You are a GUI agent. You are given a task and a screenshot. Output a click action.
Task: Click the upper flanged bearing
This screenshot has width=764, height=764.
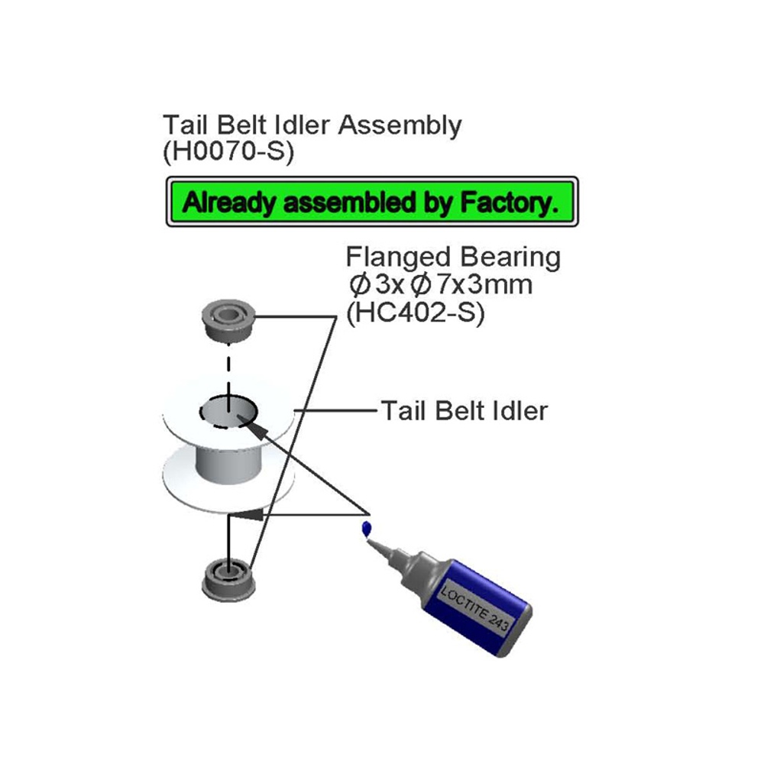(228, 321)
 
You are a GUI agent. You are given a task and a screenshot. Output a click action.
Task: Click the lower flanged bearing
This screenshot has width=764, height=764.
(228, 579)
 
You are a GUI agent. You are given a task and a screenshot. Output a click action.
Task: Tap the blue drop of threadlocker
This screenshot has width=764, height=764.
(367, 528)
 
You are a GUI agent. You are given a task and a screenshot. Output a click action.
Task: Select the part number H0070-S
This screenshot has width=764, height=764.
(228, 151)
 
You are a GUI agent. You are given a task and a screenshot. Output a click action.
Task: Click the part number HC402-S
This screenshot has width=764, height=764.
(416, 314)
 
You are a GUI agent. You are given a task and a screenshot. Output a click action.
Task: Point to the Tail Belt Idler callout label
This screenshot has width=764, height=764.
(464, 411)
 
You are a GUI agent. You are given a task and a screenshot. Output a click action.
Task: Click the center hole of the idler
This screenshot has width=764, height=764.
(228, 413)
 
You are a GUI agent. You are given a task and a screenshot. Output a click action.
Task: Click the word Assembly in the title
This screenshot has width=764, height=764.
(400, 125)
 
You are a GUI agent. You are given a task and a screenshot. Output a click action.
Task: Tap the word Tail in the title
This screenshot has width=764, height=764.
(183, 125)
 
